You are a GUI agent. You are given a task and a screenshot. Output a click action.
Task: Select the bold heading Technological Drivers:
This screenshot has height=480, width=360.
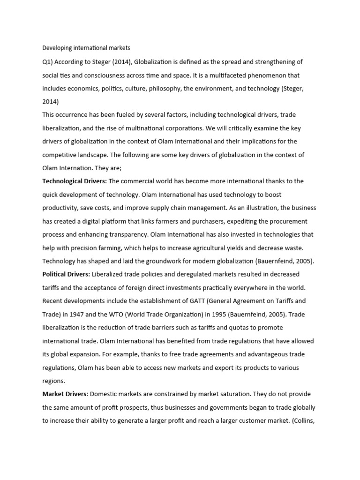75,181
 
